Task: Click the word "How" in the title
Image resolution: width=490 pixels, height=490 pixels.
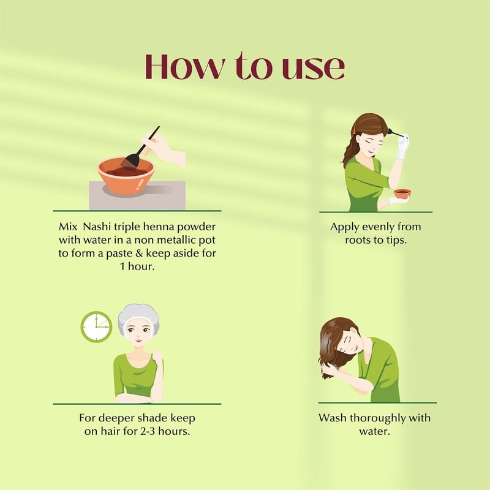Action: (185, 67)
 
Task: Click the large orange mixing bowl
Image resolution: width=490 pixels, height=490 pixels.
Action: (126, 176)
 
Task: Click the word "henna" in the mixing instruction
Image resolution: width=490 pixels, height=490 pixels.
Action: (159, 227)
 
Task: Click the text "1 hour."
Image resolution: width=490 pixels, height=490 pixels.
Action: (137, 266)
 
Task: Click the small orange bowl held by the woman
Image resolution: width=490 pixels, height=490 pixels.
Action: (402, 194)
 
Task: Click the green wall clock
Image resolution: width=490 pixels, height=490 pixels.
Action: (96, 327)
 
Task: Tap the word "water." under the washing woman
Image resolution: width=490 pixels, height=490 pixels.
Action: (374, 432)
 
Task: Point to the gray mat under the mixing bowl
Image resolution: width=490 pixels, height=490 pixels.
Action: (137, 195)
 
